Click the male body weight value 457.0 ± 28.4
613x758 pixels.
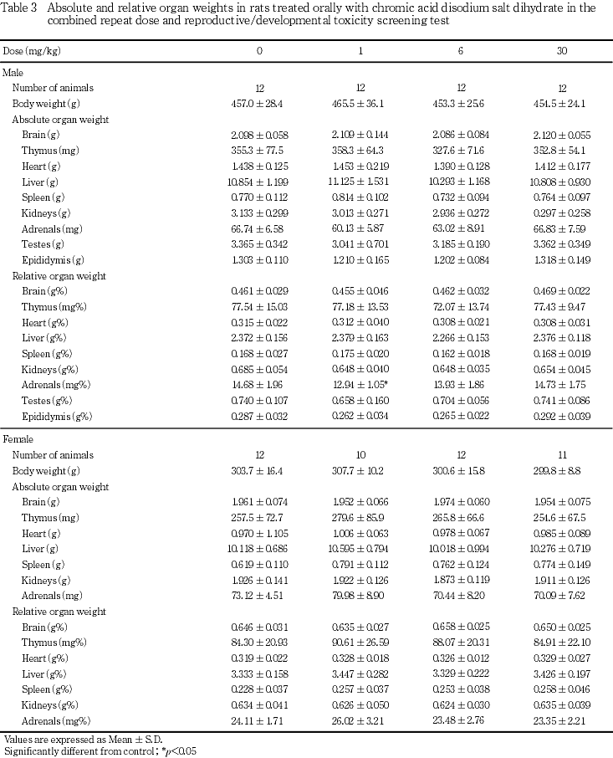click(259, 103)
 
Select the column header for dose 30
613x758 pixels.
click(561, 51)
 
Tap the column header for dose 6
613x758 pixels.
click(461, 51)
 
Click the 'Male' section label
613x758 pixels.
click(13, 72)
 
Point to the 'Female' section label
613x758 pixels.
click(18, 439)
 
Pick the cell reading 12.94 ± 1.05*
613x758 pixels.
click(362, 384)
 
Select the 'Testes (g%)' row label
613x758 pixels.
click(49, 400)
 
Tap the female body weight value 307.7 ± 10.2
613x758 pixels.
click(360, 471)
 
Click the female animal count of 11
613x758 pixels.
click(561, 455)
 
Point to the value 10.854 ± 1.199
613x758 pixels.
click(259, 182)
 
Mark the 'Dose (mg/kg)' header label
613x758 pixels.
click(32, 51)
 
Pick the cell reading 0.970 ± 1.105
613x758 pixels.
click(259, 533)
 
